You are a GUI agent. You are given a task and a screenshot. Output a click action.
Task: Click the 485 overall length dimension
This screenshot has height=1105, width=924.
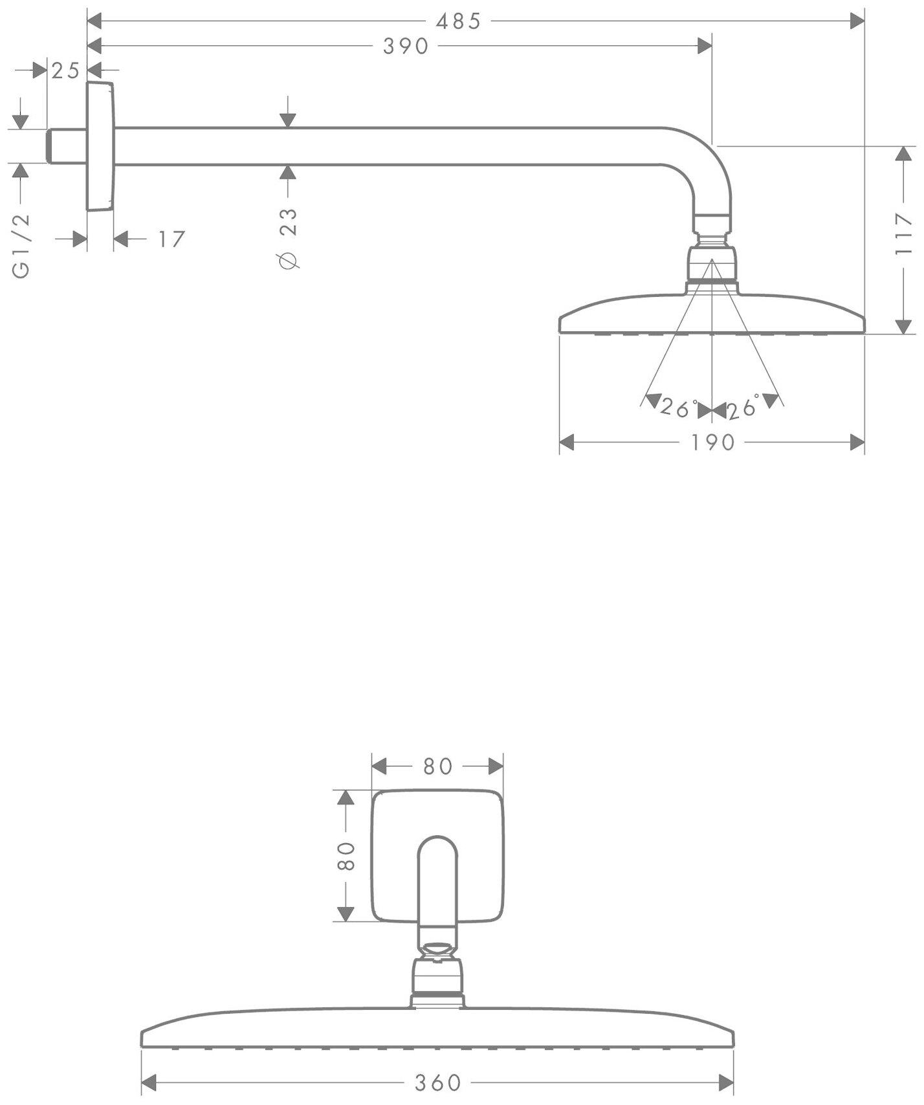click(458, 21)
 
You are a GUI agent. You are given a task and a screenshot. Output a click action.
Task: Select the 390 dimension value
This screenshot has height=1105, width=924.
click(406, 46)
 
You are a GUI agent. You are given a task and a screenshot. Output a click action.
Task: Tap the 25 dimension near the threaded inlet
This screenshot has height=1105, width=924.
click(65, 71)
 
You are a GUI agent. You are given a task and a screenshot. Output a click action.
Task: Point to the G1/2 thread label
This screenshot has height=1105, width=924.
click(21, 246)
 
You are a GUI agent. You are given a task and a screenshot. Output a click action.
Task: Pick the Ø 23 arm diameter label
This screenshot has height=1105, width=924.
click(289, 237)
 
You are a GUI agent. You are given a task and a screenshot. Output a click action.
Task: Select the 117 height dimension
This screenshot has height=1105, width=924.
click(904, 234)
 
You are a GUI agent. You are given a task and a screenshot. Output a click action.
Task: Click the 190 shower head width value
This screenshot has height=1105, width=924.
click(712, 443)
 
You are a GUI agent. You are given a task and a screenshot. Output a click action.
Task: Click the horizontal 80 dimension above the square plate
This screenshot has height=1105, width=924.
click(437, 766)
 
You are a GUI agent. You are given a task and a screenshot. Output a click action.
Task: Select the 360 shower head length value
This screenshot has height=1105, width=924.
click(437, 1082)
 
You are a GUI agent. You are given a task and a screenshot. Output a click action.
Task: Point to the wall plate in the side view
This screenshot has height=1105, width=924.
click(100, 147)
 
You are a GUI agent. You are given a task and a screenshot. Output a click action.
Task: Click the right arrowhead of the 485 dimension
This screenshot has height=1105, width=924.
click(857, 21)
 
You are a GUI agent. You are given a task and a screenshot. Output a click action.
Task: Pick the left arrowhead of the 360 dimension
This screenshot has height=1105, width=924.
click(149, 1082)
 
